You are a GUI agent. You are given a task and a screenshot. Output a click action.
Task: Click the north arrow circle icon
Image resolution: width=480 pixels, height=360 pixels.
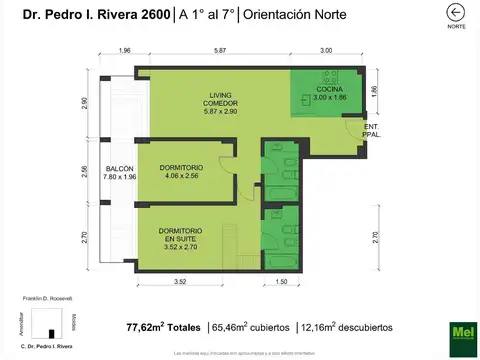pos(456,12)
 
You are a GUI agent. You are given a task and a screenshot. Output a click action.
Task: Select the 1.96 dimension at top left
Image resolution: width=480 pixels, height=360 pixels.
pos(124,50)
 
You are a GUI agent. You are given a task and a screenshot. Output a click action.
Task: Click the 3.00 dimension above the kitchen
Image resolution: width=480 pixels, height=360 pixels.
pos(326,50)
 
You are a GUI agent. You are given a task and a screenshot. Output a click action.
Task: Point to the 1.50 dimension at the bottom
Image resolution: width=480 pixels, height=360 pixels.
pos(282,283)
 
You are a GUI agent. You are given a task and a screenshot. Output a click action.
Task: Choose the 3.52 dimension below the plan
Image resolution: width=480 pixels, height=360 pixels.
pos(180,283)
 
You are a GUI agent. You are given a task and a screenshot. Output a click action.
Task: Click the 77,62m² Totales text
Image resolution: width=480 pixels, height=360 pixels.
pos(163,327)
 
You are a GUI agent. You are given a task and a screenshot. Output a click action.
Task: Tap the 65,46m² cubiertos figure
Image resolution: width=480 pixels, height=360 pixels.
pos(251,327)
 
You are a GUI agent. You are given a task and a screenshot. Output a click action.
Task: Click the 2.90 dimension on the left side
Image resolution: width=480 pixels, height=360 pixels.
pos(86,104)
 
